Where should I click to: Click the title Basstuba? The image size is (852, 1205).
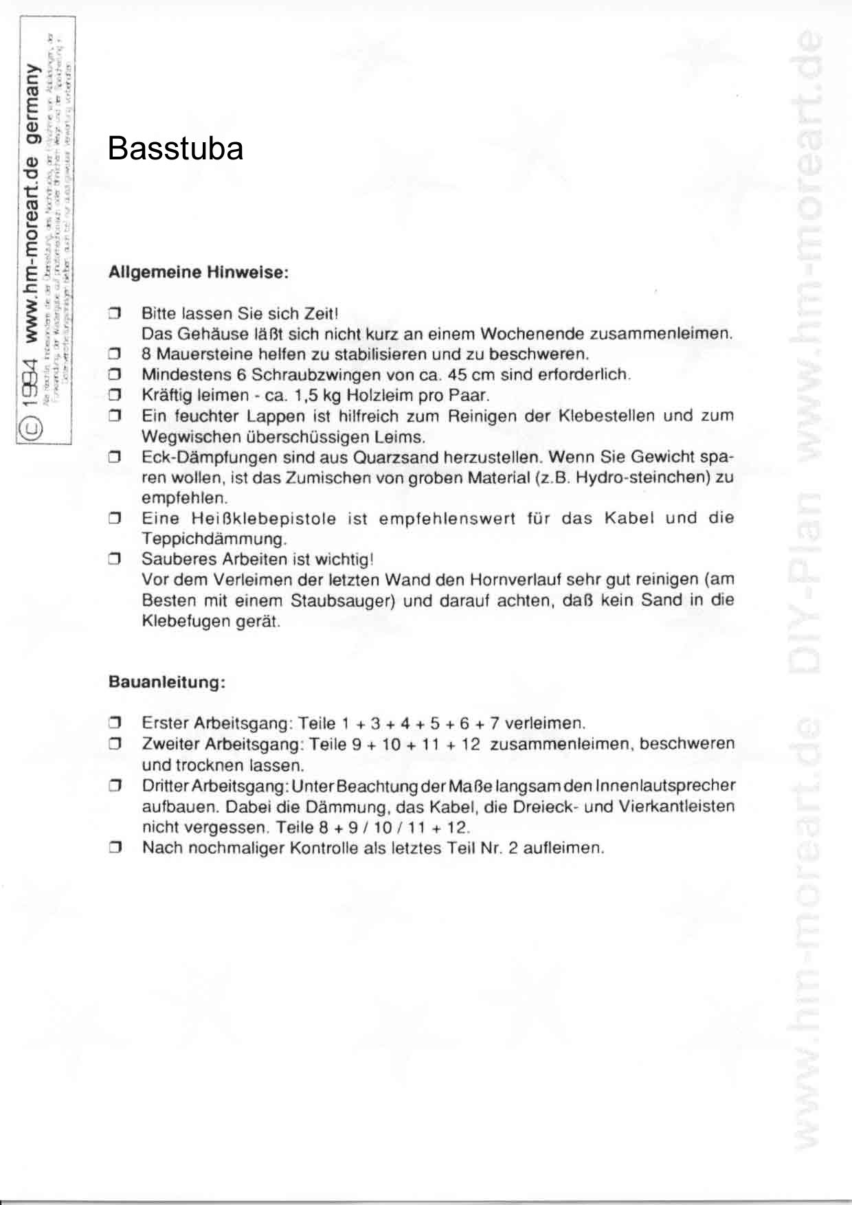tap(175, 149)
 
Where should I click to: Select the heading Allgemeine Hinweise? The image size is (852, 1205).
tap(198, 272)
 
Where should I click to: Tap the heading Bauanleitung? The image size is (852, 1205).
tap(167, 683)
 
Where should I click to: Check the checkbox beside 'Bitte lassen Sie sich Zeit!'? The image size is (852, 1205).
tap(115, 314)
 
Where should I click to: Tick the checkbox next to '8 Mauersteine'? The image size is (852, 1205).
tap(115, 355)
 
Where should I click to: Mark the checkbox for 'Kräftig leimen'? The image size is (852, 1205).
tap(115, 396)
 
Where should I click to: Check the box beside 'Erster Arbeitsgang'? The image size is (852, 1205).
tap(115, 723)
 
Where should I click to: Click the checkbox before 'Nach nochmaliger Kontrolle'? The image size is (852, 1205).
tap(115, 848)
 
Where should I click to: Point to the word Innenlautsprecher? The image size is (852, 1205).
tap(665, 785)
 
